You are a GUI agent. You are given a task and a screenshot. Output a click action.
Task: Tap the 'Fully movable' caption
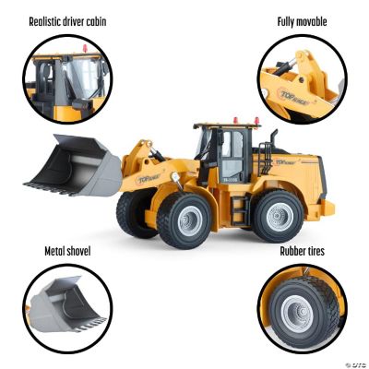coord(302,20)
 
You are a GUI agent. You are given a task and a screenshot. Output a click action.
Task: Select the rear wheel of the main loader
coord(277,217)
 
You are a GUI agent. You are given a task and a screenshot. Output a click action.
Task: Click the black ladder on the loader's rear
coord(268,152)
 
